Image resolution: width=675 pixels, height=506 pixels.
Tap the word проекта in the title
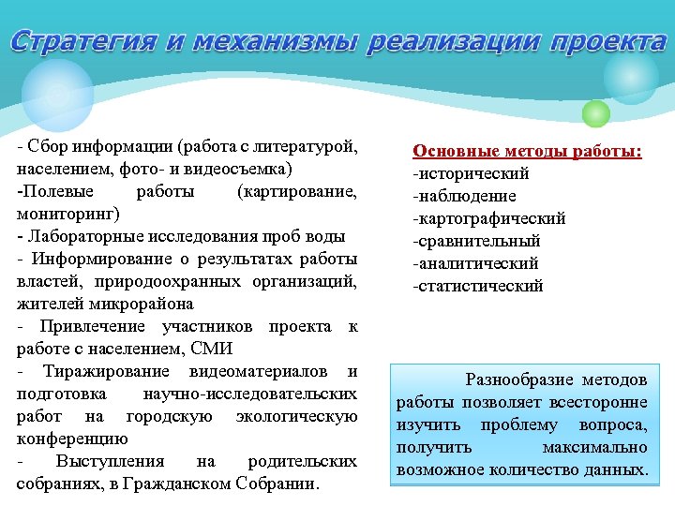[608, 42]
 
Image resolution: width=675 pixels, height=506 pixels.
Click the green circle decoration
[595, 113]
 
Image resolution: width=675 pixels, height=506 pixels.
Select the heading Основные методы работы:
[528, 151]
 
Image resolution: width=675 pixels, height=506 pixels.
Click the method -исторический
[471, 173]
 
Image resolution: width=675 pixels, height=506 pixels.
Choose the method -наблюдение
[464, 196]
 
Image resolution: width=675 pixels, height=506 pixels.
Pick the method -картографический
[488, 218]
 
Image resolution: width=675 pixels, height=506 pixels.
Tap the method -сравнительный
[476, 241]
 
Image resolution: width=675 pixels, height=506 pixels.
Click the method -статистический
[477, 286]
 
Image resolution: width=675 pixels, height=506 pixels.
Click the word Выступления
[110, 462]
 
